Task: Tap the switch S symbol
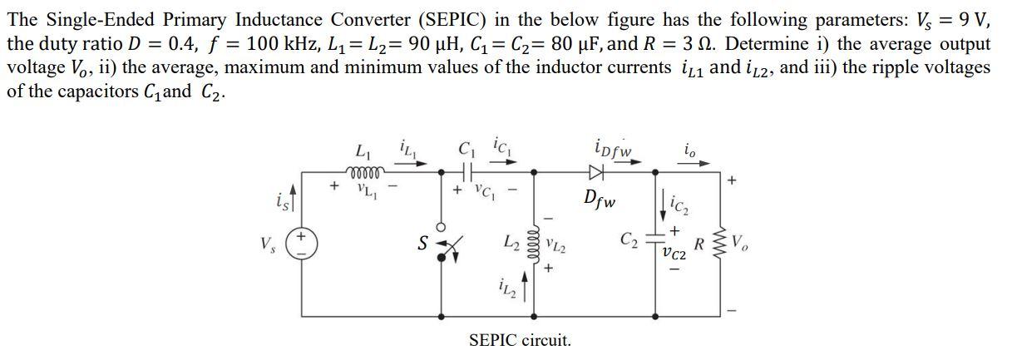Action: (x=450, y=244)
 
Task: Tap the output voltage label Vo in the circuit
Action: (x=738, y=244)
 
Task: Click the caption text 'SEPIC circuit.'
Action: (x=520, y=340)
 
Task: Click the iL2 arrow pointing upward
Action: (x=525, y=285)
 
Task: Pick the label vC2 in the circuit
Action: (x=674, y=254)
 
